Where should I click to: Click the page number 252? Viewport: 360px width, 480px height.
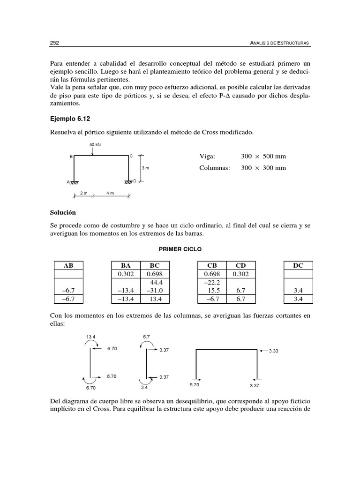[54, 43]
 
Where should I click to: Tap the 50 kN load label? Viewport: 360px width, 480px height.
[95, 145]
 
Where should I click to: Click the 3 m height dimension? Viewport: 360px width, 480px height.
[145, 167]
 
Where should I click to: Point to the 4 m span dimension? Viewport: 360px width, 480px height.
[111, 193]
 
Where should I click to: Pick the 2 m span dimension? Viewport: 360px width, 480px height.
[84, 193]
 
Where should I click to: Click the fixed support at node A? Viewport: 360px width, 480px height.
[74, 182]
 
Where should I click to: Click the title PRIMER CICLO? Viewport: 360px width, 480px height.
[180, 249]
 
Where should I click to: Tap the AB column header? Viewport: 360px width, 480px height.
[68, 265]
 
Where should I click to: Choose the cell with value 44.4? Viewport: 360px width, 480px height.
[156, 283]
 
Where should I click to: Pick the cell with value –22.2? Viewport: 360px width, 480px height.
[211, 283]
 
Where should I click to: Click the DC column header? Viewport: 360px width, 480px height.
[298, 265]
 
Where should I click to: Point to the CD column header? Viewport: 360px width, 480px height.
[243, 265]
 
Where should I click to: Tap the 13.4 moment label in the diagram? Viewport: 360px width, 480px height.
[91, 336]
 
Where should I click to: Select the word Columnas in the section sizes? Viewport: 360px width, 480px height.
[215, 168]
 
